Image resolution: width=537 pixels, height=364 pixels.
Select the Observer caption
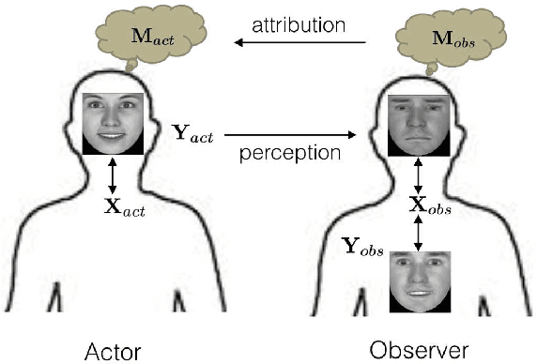click(419, 351)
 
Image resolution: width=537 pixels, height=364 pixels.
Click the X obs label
click(429, 207)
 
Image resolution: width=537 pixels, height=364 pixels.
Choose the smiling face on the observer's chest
click(420, 281)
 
